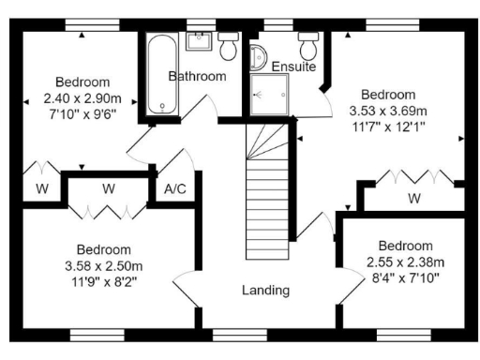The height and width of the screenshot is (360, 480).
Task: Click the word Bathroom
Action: pyautogui.click(x=197, y=76)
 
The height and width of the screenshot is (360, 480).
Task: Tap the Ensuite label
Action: pyautogui.click(x=293, y=67)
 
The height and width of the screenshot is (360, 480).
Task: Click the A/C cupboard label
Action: pyautogui.click(x=175, y=189)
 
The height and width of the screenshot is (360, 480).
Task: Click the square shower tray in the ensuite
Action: pyautogui.click(x=269, y=95)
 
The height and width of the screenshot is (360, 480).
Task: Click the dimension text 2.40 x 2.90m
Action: pyautogui.click(x=82, y=97)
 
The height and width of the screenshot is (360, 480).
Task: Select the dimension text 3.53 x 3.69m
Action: pyautogui.click(x=388, y=112)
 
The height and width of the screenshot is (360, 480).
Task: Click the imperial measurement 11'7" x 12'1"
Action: pyautogui.click(x=388, y=127)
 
